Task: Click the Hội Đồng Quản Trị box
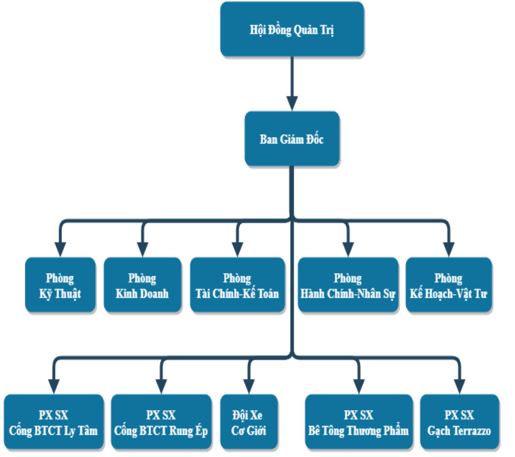tap(292, 30)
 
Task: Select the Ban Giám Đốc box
tap(291, 139)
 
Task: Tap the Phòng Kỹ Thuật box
tap(60, 285)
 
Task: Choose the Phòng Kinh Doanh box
tap(142, 285)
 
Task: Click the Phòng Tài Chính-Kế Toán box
tap(237, 285)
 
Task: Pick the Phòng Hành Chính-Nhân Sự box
tap(348, 285)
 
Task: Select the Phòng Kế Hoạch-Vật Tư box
tap(448, 285)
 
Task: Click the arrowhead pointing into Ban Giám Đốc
tap(291, 102)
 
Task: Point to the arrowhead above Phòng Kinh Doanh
tap(142, 248)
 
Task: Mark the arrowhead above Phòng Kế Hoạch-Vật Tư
tap(448, 248)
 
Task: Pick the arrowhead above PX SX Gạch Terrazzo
tap(459, 385)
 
